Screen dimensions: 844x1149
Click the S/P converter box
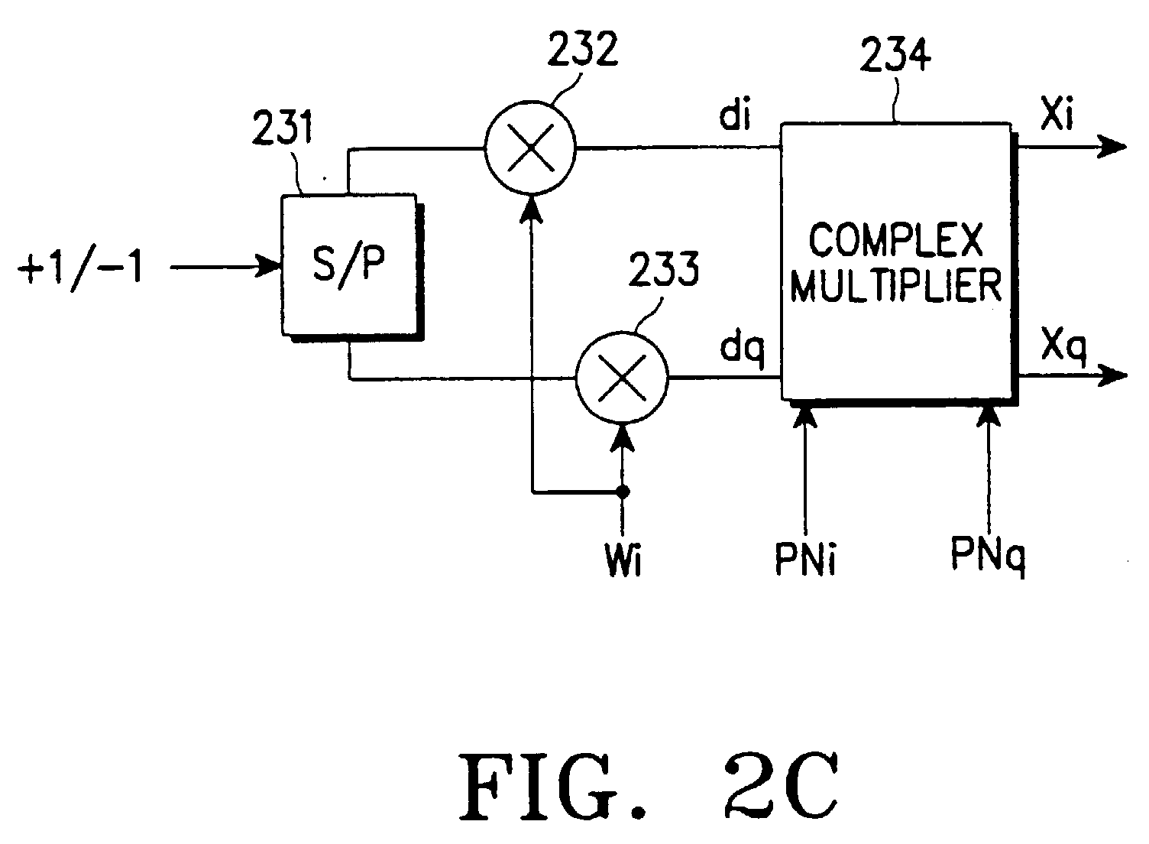click(x=350, y=265)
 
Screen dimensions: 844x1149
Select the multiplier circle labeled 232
click(x=530, y=149)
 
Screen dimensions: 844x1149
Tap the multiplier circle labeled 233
click(x=621, y=377)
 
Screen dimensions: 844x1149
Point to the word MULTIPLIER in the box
click(x=895, y=287)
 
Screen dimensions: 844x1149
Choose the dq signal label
click(x=741, y=350)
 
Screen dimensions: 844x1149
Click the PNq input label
click(x=988, y=553)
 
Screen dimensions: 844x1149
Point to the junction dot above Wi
click(x=623, y=492)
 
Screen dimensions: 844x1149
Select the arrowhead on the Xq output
click(x=1114, y=375)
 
